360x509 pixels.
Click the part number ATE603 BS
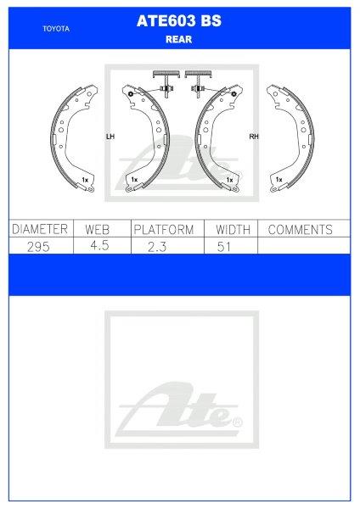coord(179,24)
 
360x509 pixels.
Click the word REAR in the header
coord(179,38)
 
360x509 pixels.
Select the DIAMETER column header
coord(37,230)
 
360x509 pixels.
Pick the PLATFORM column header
coord(163,230)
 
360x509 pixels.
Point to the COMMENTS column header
coord(299,230)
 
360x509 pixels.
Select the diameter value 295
coord(37,245)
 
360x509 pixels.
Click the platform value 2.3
coord(163,245)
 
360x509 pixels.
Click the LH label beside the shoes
coord(109,136)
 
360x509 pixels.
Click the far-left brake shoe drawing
coord(75,137)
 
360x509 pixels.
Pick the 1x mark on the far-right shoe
coord(278,180)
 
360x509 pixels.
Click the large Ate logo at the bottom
coord(179,411)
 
